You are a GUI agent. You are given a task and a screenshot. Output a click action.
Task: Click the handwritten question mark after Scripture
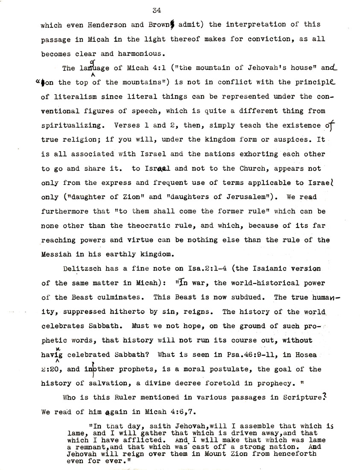[x=337, y=397]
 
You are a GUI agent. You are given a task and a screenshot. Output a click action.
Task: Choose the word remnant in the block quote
[x=85, y=447]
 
